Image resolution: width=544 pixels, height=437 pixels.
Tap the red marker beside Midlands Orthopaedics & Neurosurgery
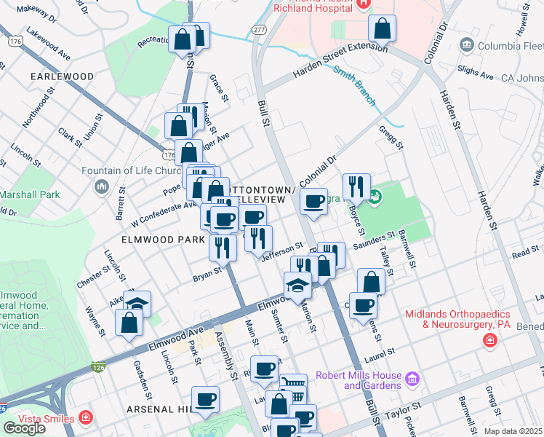[x=490, y=340]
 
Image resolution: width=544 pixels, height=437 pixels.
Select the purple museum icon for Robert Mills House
[x=412, y=379]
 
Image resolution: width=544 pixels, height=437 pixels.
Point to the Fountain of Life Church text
[x=142, y=171]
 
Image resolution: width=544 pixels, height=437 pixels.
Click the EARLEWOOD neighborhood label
[x=62, y=76]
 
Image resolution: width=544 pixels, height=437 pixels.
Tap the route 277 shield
[x=259, y=28]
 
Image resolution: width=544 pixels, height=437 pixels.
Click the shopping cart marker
[x=293, y=386]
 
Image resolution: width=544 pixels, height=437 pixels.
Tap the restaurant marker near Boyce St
[x=356, y=186]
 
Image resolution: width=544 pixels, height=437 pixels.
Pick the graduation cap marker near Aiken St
[x=137, y=302]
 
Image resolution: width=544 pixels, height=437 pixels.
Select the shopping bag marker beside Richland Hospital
[x=382, y=28]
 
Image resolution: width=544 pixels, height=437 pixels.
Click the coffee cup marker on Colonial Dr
[x=313, y=201]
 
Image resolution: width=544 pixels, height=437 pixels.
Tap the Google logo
[x=24, y=428]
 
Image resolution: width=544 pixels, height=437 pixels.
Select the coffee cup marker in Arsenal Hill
[x=206, y=399]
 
